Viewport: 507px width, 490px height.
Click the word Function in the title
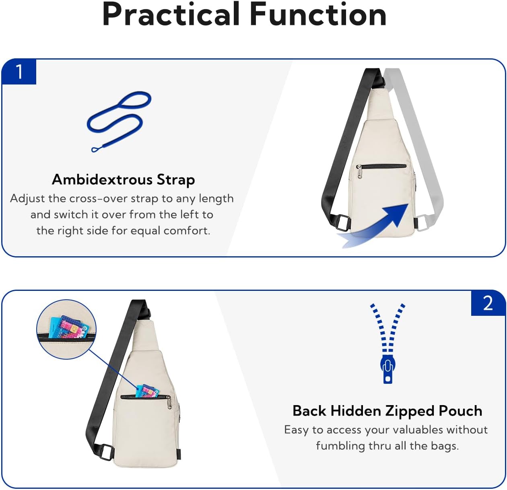(318, 14)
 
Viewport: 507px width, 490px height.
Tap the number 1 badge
(19, 72)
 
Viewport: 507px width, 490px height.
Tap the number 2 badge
(488, 303)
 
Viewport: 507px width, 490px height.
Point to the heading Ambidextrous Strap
(123, 179)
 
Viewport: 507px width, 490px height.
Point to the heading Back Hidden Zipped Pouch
(387, 411)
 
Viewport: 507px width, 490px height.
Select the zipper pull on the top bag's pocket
(359, 171)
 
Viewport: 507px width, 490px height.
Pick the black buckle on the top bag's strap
(342, 222)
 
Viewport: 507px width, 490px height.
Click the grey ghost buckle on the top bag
(421, 222)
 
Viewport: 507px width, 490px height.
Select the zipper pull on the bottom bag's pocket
(169, 401)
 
